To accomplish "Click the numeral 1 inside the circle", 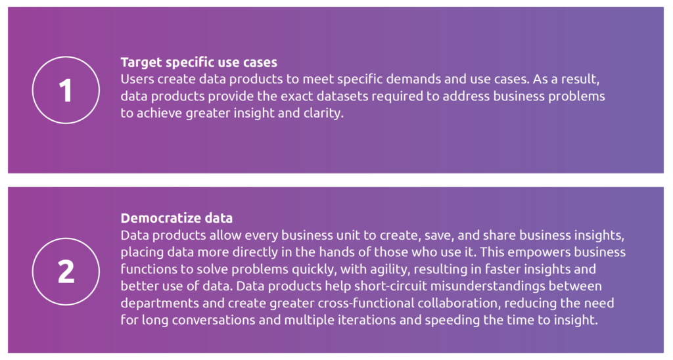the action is pyautogui.click(x=66, y=91).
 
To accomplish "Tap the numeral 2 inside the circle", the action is pyautogui.click(x=66, y=271).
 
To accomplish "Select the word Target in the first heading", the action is pyautogui.click(x=141, y=62).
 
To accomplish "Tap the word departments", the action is pyautogui.click(x=160, y=304).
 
